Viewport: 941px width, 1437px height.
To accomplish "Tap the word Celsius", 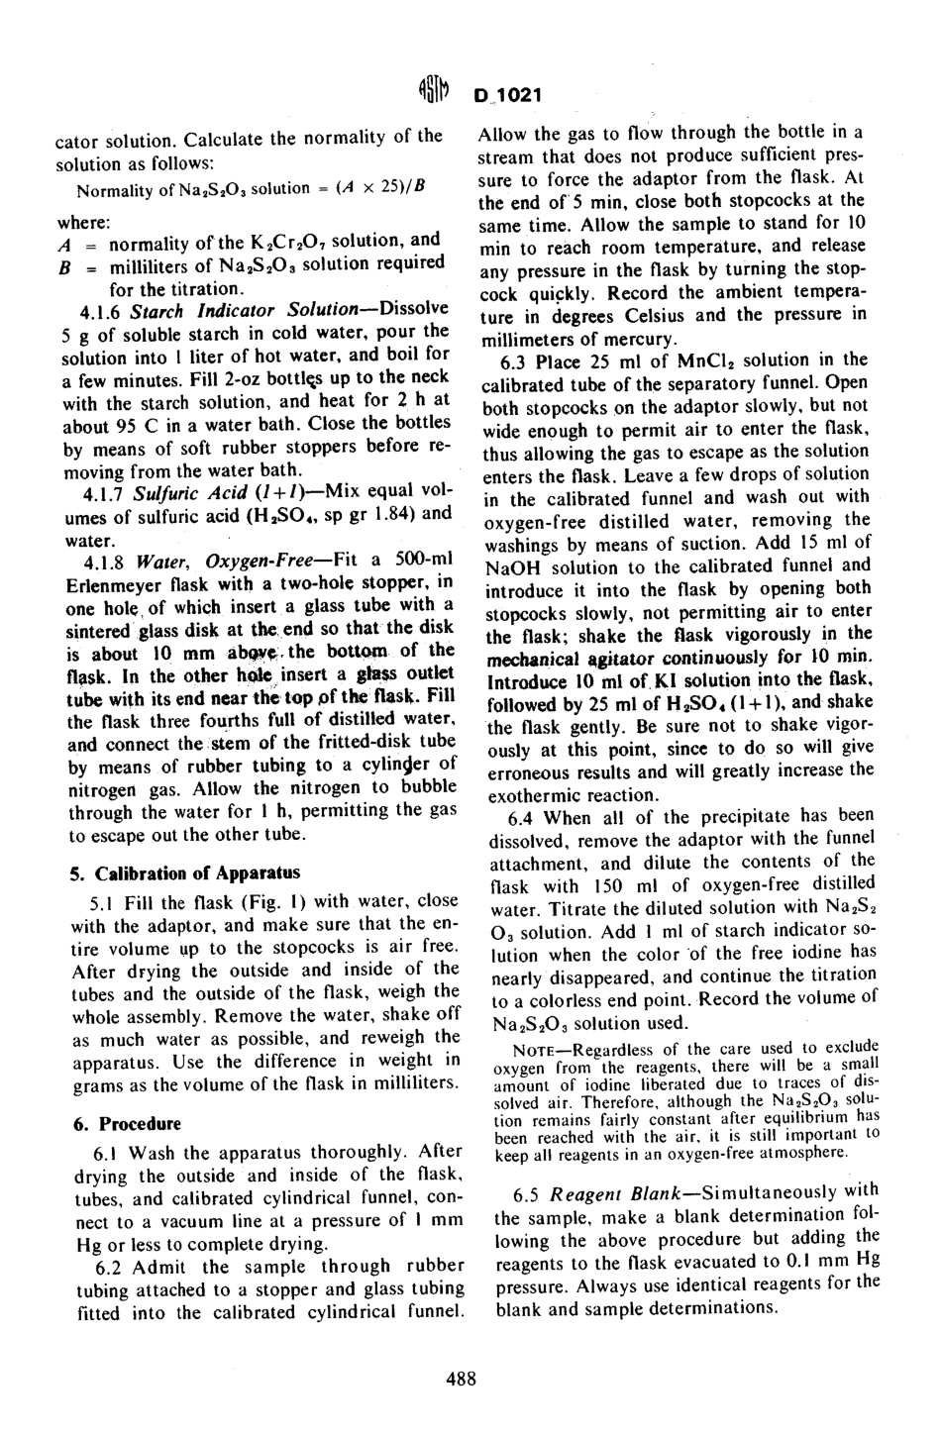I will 645,316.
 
